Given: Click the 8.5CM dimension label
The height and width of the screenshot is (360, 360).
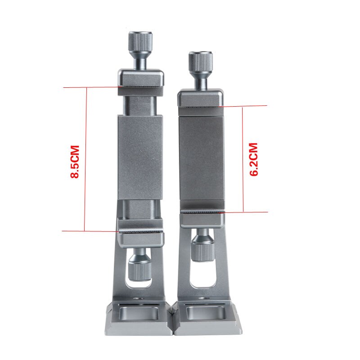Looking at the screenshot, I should pos(75,162).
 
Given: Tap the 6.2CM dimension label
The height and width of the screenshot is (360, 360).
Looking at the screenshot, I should pos(254,159).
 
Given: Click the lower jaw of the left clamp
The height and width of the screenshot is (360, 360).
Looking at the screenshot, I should pos(140,233).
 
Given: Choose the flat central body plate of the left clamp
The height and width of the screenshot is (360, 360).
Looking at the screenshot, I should pos(139,157).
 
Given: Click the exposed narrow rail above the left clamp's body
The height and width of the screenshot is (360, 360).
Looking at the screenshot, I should pos(139,106).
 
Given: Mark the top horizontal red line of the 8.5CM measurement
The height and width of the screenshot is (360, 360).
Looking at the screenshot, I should pos(90,87).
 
